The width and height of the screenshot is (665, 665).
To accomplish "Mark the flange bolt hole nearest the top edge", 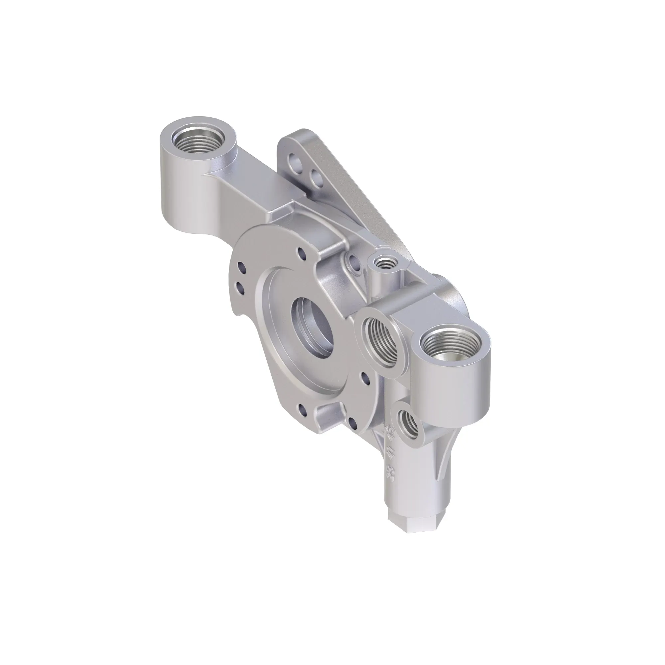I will coord(302,253).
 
